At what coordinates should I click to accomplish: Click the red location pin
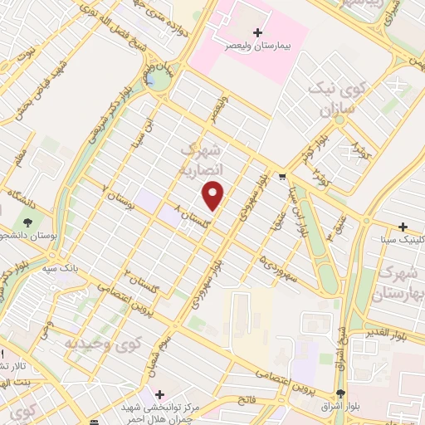point(214,195)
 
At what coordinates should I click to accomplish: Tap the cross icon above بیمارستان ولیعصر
point(257,32)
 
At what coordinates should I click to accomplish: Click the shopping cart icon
point(283,176)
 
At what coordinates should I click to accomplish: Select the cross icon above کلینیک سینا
point(403,227)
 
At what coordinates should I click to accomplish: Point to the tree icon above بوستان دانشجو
point(29,222)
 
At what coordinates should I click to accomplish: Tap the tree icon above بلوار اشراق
point(340,393)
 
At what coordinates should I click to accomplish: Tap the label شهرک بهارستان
point(401,284)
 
